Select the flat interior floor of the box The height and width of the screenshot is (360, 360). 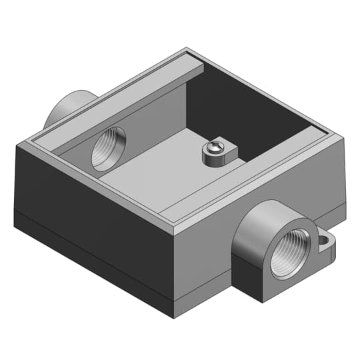(153, 177)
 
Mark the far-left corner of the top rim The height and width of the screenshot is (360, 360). (17, 145)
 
